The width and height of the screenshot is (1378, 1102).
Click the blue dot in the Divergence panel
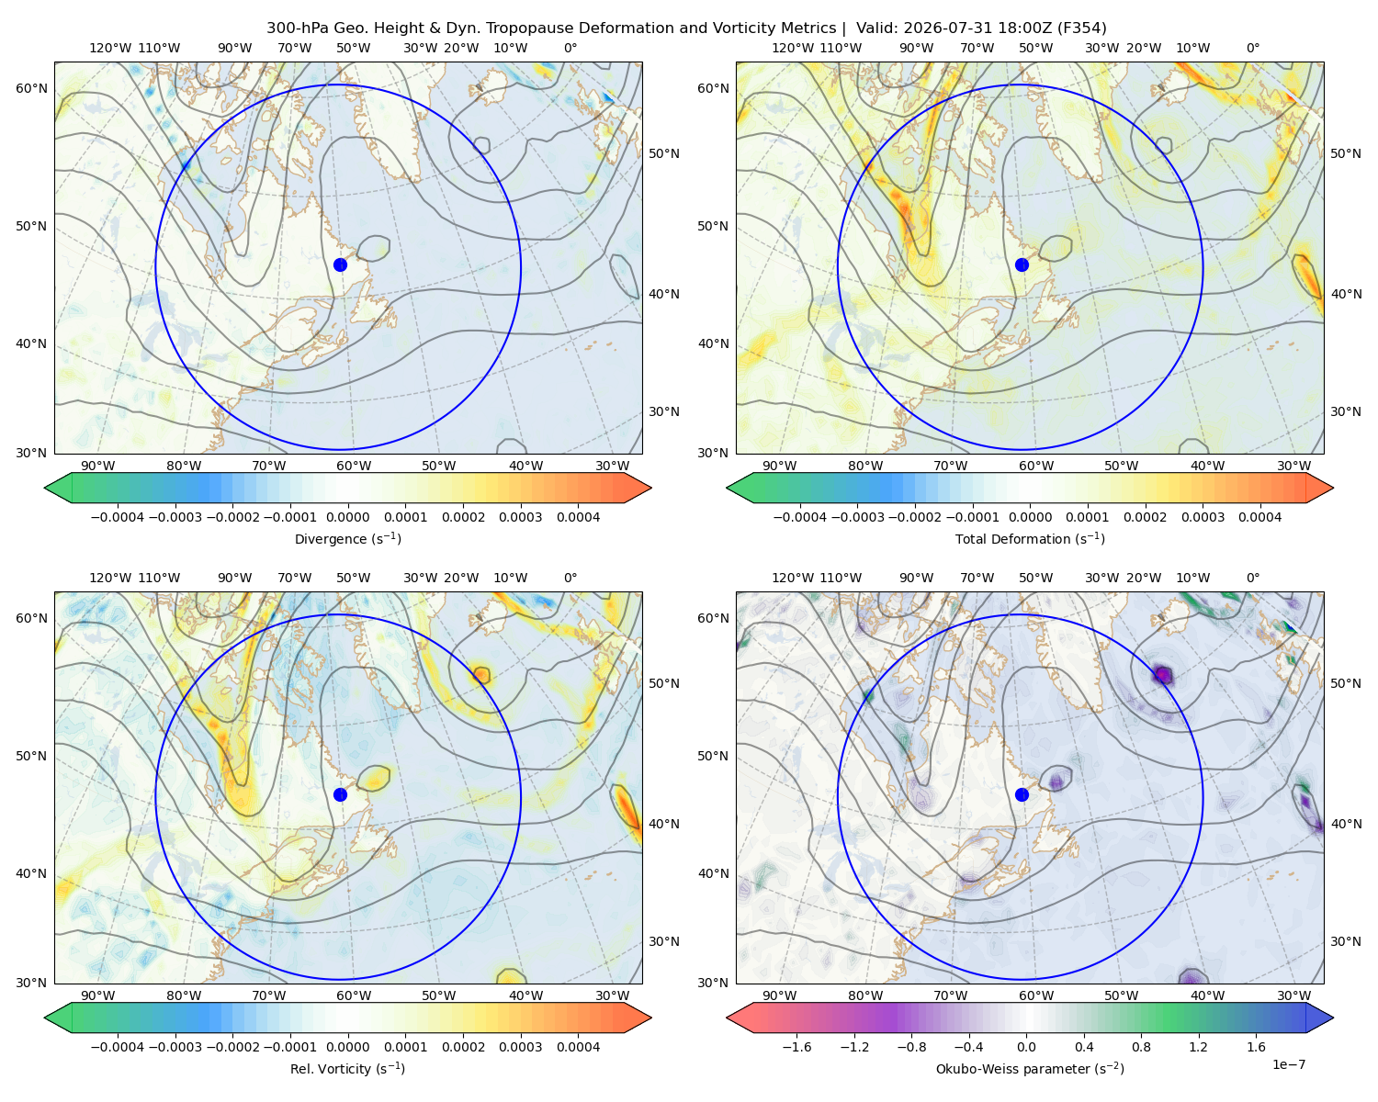point(340,264)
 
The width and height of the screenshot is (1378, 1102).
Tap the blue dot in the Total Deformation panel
point(1022,264)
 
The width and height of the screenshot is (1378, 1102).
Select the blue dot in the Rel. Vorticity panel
point(340,794)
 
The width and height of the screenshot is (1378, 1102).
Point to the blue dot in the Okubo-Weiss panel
point(1022,794)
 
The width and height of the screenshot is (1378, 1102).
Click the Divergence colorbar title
point(347,538)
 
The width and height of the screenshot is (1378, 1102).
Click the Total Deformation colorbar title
point(1030,538)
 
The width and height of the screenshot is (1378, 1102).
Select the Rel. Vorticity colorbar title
point(347,1068)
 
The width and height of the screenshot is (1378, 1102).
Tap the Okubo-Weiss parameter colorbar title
point(1030,1068)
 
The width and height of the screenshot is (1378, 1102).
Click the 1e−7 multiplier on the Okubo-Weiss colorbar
point(1288,1064)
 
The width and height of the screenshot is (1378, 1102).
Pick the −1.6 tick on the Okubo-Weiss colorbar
point(797,1046)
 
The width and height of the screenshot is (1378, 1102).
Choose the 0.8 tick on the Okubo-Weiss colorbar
point(1141,1046)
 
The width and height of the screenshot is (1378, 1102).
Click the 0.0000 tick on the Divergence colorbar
point(347,517)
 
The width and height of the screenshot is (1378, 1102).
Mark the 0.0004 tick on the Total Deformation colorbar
point(1259,517)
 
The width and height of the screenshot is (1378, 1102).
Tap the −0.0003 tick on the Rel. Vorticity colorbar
point(175,1046)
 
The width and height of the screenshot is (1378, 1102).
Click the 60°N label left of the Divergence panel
point(31,88)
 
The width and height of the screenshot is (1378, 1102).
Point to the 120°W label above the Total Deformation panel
point(792,48)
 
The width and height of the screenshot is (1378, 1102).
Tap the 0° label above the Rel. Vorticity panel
point(570,577)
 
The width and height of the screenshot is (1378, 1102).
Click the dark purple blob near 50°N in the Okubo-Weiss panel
point(1162,675)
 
